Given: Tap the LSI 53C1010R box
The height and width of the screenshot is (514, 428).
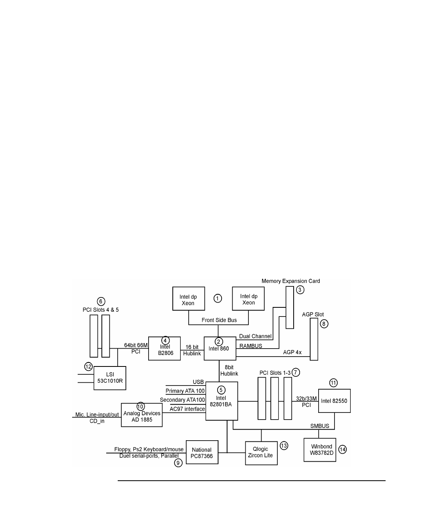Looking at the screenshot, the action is (x=110, y=378).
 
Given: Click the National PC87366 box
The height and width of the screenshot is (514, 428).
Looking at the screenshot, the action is (x=202, y=453).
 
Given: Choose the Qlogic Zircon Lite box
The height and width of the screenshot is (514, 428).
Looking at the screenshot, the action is (x=260, y=453).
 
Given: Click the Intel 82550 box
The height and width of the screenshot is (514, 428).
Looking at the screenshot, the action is (x=334, y=401).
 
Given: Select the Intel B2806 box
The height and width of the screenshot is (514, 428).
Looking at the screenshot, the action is (x=164, y=349).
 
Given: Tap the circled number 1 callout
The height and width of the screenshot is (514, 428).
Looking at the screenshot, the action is (x=218, y=298).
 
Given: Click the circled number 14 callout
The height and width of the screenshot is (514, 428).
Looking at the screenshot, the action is (x=342, y=450).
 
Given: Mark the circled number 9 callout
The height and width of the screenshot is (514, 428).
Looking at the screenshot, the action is (x=178, y=463).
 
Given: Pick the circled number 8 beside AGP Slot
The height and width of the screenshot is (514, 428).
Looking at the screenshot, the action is (x=324, y=324).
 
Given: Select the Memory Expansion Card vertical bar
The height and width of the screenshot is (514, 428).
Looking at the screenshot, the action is (x=290, y=308).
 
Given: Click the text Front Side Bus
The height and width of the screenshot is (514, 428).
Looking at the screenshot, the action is (x=219, y=320).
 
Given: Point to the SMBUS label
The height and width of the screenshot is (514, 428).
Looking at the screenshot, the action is (x=319, y=426).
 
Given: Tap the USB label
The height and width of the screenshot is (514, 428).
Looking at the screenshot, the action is (x=198, y=382).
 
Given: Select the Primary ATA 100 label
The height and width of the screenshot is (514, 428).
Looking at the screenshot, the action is (x=185, y=391).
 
